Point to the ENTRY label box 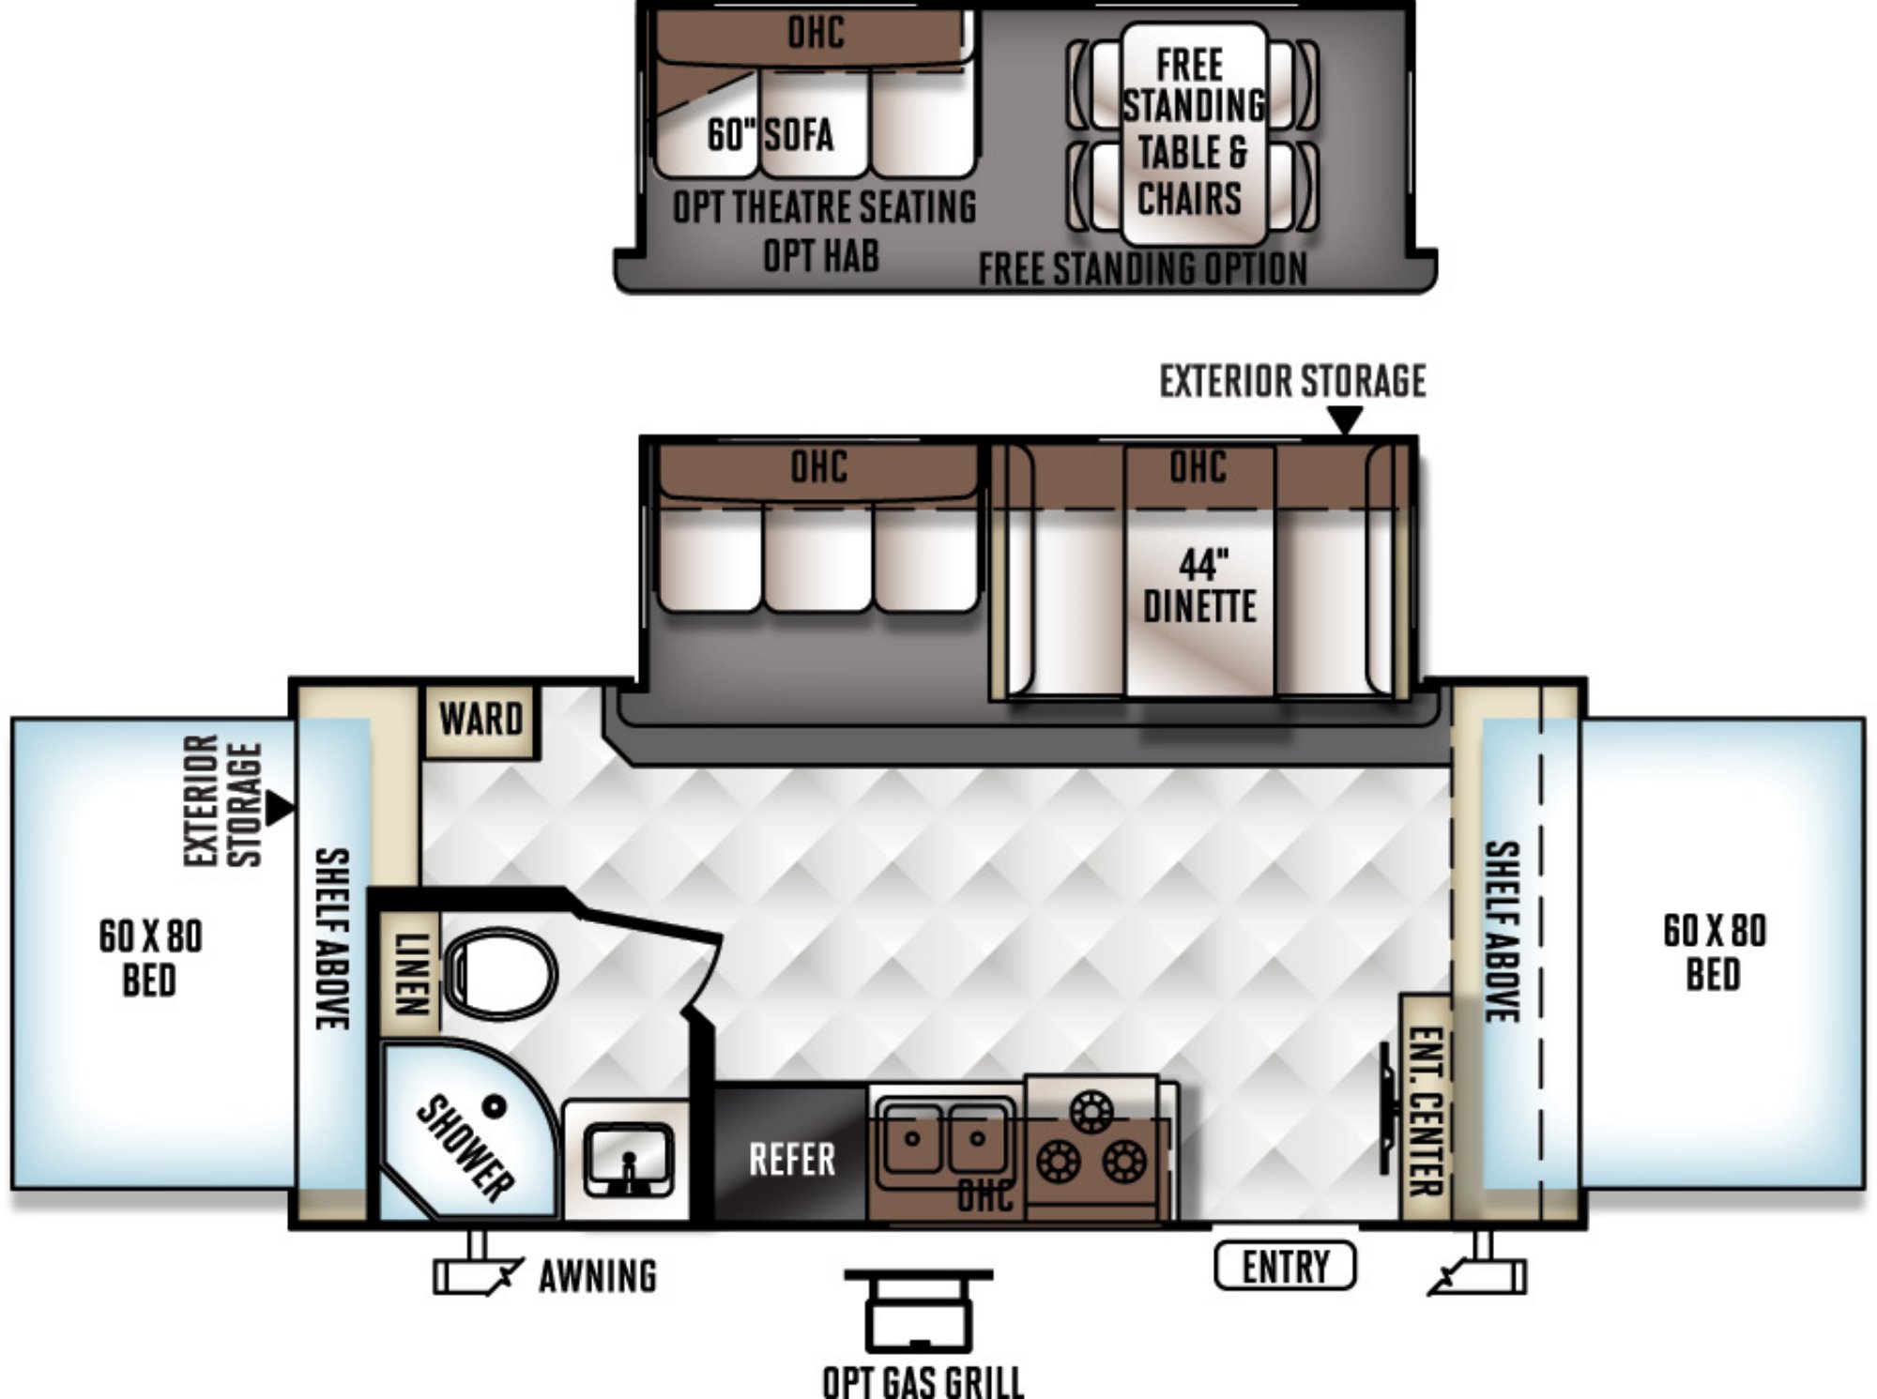tap(1285, 1266)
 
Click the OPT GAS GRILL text tap(923, 1381)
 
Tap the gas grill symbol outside tap(919, 1310)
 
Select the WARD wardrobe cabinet tap(481, 721)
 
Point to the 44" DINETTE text tap(1200, 585)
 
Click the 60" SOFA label tap(771, 134)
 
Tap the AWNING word tap(598, 1276)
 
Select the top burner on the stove tap(1091, 1113)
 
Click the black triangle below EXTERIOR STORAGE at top tap(1346, 419)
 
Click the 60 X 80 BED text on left tap(150, 958)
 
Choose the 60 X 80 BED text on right tap(1715, 952)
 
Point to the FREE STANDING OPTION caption tap(1142, 269)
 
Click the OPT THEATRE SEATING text tap(825, 206)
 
